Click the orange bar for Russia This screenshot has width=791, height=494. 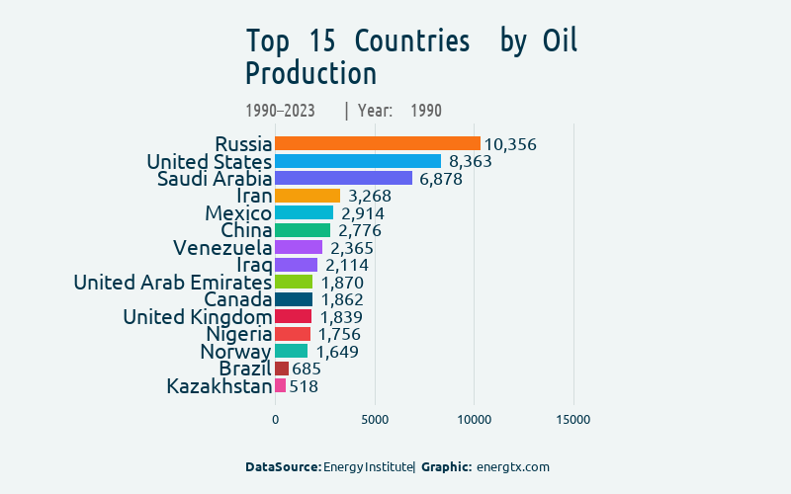click(x=377, y=144)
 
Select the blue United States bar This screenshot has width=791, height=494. click(x=357, y=161)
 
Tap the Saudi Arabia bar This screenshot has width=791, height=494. click(x=343, y=179)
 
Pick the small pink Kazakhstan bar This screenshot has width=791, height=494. click(x=281, y=385)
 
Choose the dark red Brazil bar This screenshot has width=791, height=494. click(x=282, y=369)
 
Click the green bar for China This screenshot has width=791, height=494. click(x=303, y=230)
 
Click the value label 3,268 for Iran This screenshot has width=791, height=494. click(x=370, y=196)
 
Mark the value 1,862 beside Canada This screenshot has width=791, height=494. click(x=341, y=299)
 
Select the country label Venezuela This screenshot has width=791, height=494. click(x=222, y=247)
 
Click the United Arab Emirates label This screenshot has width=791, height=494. click(x=173, y=283)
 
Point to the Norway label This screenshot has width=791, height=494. click(x=235, y=351)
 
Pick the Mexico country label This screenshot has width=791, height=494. click(x=238, y=213)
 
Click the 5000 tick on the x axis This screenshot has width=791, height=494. click(x=375, y=420)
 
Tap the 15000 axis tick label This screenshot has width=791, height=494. click(x=573, y=420)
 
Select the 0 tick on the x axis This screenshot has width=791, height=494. click(x=275, y=420)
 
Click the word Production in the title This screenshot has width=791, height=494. click(x=311, y=74)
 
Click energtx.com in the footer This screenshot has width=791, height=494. click(x=512, y=466)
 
